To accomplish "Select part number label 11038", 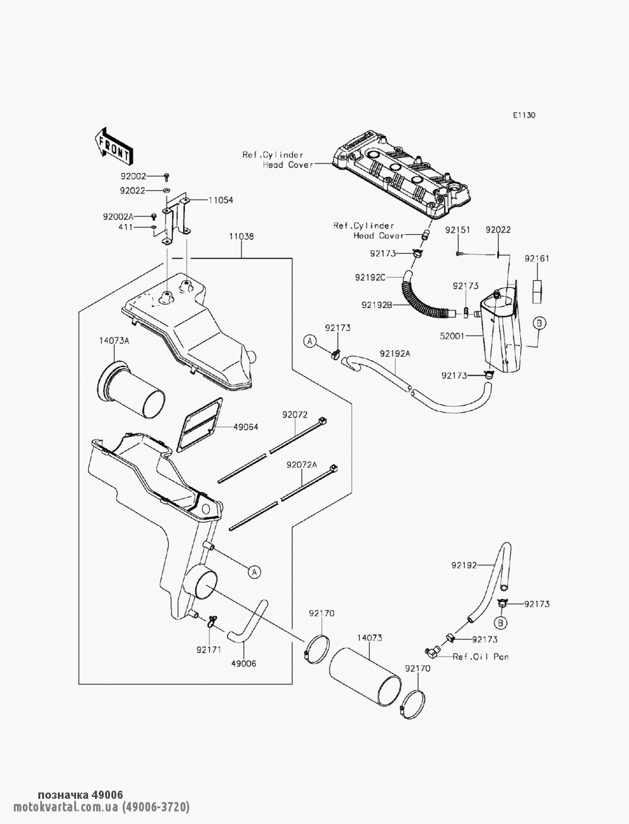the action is tap(242, 237).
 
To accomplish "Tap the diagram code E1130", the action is tap(525, 115).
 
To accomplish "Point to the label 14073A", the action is tap(114, 341).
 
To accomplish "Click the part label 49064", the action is tap(246, 427).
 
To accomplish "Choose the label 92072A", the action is tap(302, 465).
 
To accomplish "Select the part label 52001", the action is tap(452, 336).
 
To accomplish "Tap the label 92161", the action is tap(537, 259).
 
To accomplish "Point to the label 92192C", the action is tap(370, 278).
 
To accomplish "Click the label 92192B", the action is tap(377, 305).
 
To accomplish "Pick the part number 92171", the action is tap(209, 650).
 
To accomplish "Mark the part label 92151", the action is tap(457, 230).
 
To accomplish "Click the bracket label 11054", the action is tap(221, 200).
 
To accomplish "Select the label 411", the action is tap(126, 227).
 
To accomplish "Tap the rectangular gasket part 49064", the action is tap(199, 425).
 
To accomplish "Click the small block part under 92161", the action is tap(538, 291).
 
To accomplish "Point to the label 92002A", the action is tap(118, 217).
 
